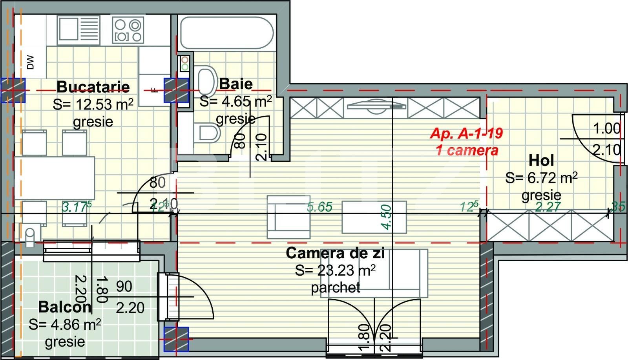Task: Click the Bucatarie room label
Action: [x=93, y=86]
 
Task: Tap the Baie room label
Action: [x=236, y=84]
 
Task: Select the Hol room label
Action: [x=541, y=160]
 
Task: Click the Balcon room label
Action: [x=65, y=307]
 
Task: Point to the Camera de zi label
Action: [x=335, y=253]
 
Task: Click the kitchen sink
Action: [x=78, y=30]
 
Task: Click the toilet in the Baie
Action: [x=206, y=132]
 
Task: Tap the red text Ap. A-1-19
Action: [x=466, y=133]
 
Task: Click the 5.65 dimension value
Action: [x=319, y=206]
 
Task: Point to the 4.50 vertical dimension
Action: [x=386, y=217]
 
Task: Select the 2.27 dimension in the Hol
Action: [x=548, y=206]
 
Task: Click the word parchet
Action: [x=335, y=288]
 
